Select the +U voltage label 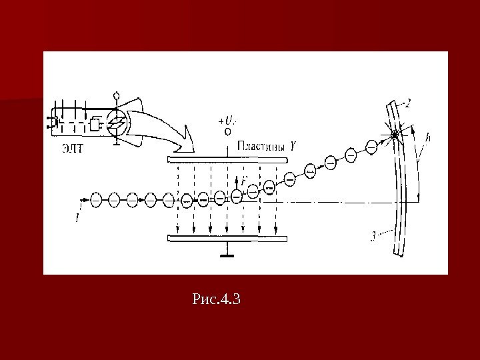tap(227, 121)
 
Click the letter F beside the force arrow tap(244, 180)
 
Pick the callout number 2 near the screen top tap(407, 103)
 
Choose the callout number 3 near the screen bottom tap(375, 234)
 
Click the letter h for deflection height tap(427, 137)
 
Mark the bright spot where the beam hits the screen tap(395, 135)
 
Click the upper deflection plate tap(227, 160)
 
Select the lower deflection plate tap(227, 237)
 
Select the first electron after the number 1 tap(96, 199)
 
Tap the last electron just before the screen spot tap(372, 146)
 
